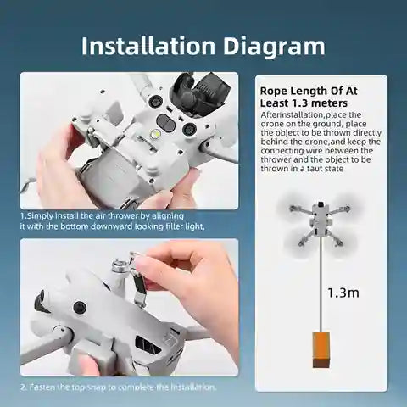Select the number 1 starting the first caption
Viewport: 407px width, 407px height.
pos(22,217)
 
